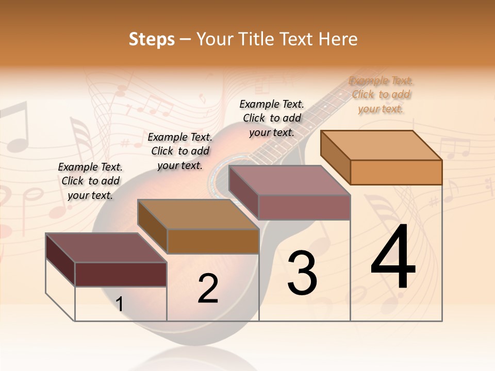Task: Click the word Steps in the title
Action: point(152,39)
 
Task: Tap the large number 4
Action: point(393,257)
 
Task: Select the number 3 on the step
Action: point(302,273)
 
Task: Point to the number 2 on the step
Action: point(208,289)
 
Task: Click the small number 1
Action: point(120,304)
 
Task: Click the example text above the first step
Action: point(90,181)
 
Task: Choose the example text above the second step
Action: point(180,151)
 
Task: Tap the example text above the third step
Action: point(272,118)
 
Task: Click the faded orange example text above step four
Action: point(381,94)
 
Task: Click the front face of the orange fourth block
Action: point(396,172)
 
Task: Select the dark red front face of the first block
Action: point(121,274)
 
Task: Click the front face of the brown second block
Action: point(213,241)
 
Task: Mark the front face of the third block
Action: point(304,207)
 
